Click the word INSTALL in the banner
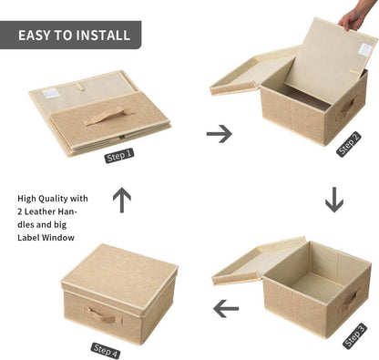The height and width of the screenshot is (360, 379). [x=103, y=36]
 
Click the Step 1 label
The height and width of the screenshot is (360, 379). [x=119, y=156]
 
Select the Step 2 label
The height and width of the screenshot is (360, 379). [x=349, y=144]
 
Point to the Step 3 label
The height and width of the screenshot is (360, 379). [x=355, y=336]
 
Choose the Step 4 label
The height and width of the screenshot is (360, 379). [x=106, y=351]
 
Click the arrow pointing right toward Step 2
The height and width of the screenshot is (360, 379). [x=220, y=134]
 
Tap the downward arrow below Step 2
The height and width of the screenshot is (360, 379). [x=334, y=200]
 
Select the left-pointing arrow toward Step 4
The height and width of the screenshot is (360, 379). [x=226, y=309]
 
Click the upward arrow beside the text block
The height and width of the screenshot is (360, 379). [x=122, y=200]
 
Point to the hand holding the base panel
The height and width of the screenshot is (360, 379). [x=354, y=15]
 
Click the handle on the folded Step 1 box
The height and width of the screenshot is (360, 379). [x=108, y=116]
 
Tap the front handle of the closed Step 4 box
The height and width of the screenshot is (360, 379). [x=103, y=314]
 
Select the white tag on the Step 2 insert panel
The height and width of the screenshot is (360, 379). [x=364, y=49]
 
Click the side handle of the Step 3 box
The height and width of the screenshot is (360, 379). [x=349, y=301]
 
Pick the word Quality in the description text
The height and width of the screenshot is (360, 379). [x=53, y=199]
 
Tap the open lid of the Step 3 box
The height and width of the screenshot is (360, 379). [x=258, y=262]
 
